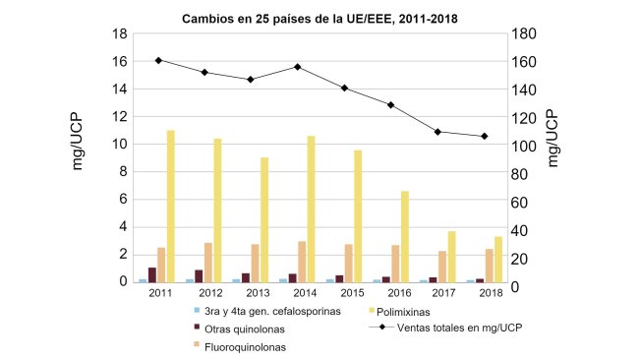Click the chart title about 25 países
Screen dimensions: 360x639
(319, 19)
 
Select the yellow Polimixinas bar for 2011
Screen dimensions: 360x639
(171, 207)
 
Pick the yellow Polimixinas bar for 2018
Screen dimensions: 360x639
(498, 259)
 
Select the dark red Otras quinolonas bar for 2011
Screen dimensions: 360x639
(152, 274)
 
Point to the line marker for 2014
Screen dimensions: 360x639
(297, 67)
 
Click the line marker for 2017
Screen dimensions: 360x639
(437, 132)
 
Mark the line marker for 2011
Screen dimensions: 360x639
(158, 60)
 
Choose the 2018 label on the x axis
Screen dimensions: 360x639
(493, 294)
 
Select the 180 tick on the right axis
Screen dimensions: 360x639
(530, 33)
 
